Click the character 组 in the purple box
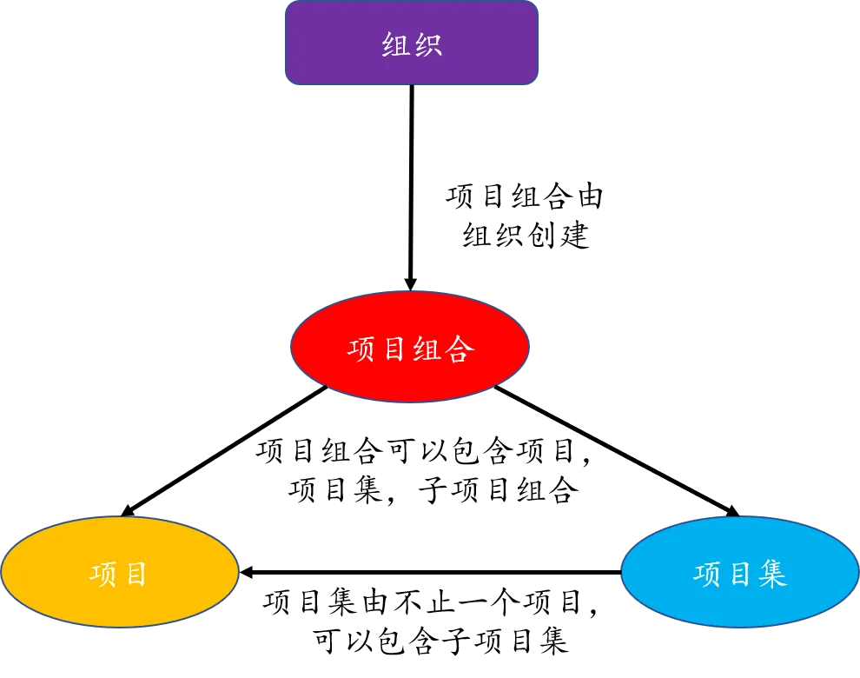click(x=396, y=45)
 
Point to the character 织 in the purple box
click(x=428, y=45)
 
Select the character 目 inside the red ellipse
click(x=394, y=349)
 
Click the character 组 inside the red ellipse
click(x=427, y=349)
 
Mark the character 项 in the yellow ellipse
click(x=103, y=575)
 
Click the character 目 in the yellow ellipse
click(x=136, y=575)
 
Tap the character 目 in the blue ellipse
click(x=739, y=575)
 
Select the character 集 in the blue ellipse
click(x=772, y=575)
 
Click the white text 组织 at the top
click(x=413, y=45)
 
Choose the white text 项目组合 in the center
click(x=410, y=349)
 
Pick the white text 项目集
click(x=740, y=575)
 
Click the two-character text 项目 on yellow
click(x=120, y=575)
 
